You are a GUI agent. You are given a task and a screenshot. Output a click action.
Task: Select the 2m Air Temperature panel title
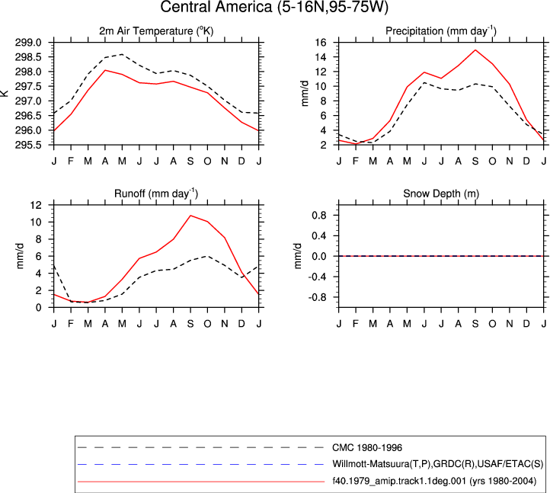156,31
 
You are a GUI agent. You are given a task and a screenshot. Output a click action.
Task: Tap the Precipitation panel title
441,31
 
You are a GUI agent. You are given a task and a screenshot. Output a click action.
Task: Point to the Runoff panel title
156,194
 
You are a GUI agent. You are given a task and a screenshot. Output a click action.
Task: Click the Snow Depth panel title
441,194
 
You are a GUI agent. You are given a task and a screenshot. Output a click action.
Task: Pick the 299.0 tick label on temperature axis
28,43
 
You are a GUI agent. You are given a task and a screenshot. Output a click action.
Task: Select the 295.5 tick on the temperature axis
28,145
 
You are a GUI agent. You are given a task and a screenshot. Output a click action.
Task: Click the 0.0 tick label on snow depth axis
319,257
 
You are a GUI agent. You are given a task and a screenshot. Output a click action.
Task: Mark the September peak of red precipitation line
475,50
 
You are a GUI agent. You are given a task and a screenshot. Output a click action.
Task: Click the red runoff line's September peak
190,216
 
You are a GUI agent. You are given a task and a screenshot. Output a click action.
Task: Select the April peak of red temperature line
105,70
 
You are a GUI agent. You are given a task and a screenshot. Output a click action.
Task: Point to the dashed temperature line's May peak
122,54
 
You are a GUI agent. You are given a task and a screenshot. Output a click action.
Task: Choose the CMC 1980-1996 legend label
367,448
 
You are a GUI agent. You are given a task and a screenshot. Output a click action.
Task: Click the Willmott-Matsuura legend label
438,464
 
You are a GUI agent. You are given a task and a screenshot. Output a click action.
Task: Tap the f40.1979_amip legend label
434,481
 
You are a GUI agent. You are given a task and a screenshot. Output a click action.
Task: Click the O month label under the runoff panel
208,324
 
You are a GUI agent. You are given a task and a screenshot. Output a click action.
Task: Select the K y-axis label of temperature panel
5,93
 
